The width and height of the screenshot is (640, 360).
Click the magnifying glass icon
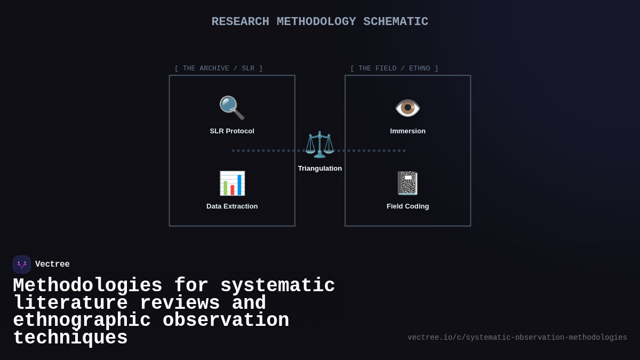232,108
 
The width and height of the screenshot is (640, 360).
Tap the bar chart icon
232,183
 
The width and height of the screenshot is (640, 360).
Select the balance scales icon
319,145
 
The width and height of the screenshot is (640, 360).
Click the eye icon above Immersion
407,108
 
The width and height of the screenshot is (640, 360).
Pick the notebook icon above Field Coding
407,183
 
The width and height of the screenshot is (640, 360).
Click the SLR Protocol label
232,131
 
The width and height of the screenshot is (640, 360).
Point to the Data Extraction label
232,206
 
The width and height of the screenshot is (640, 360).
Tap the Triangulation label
320,169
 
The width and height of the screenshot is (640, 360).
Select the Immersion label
407,131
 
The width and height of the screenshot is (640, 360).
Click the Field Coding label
407,206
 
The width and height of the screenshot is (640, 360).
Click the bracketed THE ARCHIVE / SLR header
219,68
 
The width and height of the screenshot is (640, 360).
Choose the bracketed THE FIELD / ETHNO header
394,68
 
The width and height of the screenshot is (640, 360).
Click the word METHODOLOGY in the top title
316,22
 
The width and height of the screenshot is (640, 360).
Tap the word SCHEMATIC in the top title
396,22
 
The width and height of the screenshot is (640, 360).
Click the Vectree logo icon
22,265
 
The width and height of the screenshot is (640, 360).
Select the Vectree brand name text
52,265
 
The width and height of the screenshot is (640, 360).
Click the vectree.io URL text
517,338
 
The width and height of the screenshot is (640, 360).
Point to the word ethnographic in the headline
82,321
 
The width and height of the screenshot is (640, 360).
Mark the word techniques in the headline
70,338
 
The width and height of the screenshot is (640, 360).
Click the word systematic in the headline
277,286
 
